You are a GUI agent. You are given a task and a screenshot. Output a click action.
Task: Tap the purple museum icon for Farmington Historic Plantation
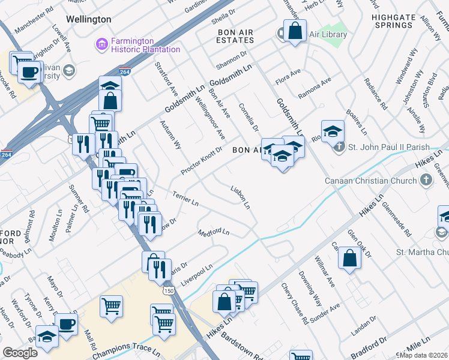point(101,44)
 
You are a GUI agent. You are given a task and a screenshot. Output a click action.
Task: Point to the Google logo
point(20,353)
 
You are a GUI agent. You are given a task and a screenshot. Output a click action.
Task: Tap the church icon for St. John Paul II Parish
point(339,147)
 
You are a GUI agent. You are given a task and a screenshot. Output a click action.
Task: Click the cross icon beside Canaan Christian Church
point(426,181)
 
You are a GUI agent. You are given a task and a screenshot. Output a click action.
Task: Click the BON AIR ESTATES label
point(236,35)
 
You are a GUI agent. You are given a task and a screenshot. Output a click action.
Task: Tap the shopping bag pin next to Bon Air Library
point(295,31)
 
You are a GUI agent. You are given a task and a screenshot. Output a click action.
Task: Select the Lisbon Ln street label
point(241,197)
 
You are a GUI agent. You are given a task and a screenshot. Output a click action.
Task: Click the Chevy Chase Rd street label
point(295,304)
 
